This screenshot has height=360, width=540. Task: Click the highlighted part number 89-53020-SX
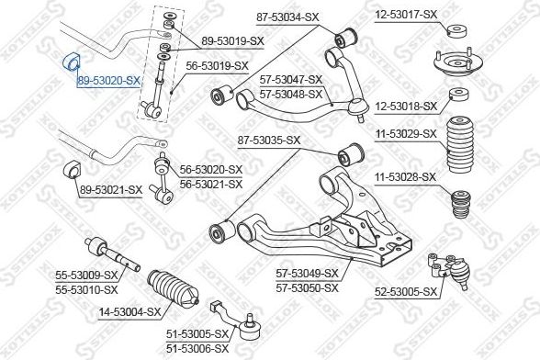click(108, 81)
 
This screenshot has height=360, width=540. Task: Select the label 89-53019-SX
click(232, 41)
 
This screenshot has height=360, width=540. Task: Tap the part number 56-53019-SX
click(217, 66)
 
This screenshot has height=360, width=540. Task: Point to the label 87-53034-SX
click(287, 17)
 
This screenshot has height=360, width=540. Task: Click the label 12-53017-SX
click(406, 15)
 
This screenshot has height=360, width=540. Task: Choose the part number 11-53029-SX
click(406, 134)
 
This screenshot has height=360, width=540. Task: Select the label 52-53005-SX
click(406, 292)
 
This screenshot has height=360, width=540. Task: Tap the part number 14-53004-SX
click(129, 312)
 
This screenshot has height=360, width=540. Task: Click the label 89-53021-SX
click(111, 190)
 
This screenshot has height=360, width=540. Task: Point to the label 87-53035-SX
click(269, 141)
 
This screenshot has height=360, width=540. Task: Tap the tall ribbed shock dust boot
click(459, 145)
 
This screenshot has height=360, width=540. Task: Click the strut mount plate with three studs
click(457, 64)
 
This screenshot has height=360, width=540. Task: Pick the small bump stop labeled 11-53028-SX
click(461, 204)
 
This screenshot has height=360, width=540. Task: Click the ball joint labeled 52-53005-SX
click(449, 270)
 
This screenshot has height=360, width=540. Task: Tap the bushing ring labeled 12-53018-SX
click(459, 95)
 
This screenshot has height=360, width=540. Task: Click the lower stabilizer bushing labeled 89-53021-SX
click(72, 169)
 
